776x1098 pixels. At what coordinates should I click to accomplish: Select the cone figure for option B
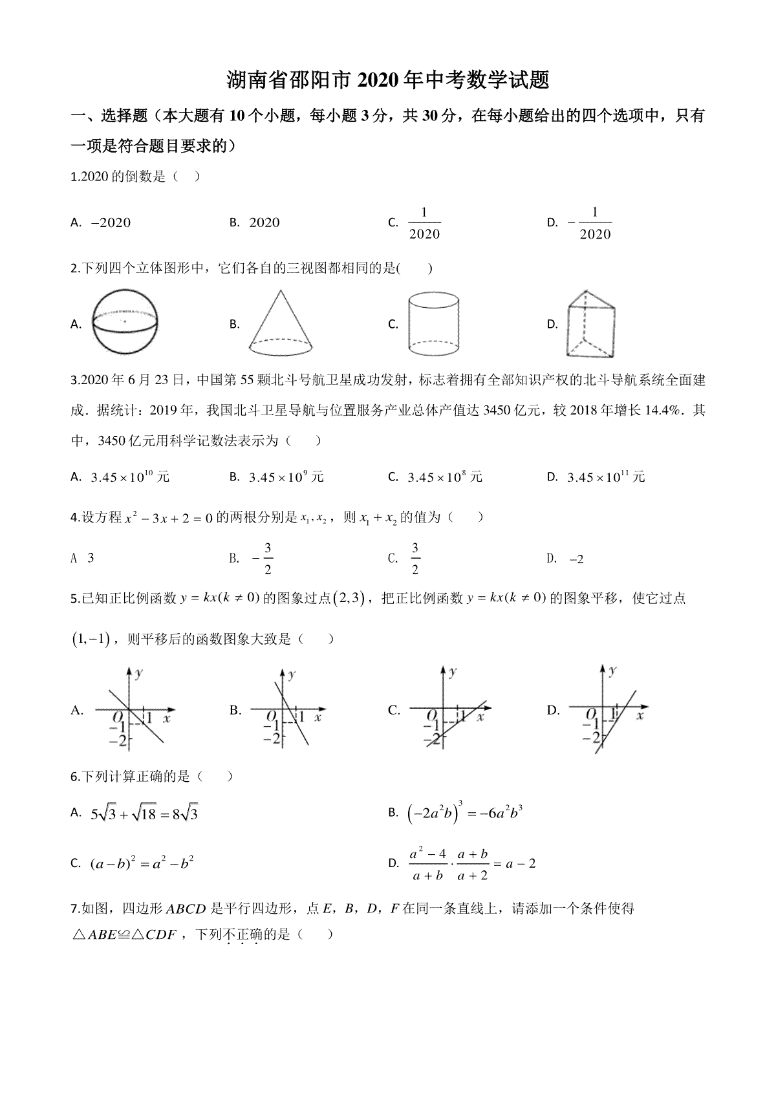click(x=282, y=322)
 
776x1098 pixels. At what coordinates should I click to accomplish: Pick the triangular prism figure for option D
click(x=590, y=323)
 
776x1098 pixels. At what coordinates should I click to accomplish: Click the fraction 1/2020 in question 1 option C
click(x=424, y=223)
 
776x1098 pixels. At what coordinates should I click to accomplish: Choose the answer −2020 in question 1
click(x=111, y=223)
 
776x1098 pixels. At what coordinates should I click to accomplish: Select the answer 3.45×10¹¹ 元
click(x=606, y=477)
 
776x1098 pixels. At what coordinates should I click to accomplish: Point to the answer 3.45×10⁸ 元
click(x=445, y=477)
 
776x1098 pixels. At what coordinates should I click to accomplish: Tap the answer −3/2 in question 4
click(x=263, y=559)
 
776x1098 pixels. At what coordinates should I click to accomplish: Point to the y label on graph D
click(x=612, y=671)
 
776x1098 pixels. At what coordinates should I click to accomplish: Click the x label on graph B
click(x=318, y=717)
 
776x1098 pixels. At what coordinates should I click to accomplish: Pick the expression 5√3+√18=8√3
click(x=144, y=813)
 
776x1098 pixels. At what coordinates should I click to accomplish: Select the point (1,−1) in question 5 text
click(x=90, y=640)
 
